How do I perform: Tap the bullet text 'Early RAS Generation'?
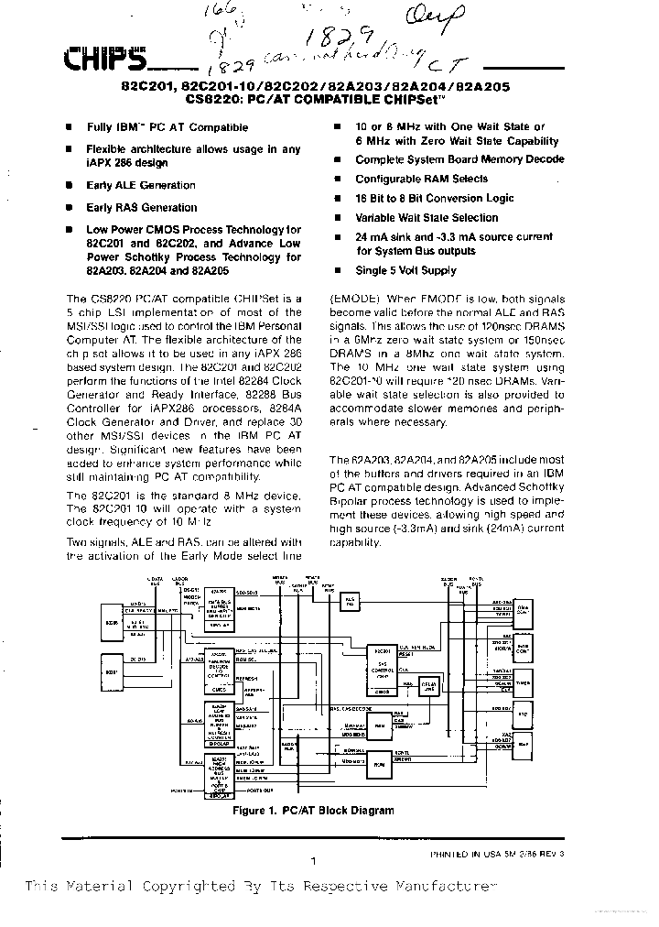click(x=141, y=208)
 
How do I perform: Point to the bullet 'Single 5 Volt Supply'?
click(x=405, y=271)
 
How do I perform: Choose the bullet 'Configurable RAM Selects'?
click(x=421, y=180)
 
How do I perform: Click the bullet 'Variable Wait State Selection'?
click(x=427, y=218)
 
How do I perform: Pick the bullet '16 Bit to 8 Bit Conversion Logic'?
click(x=435, y=199)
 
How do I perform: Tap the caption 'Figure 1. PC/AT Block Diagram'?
click(x=313, y=811)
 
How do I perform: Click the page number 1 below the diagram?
click(x=313, y=861)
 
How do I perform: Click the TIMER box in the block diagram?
click(x=523, y=682)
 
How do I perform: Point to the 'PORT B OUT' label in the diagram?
click(x=258, y=790)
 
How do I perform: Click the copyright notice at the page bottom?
click(x=260, y=887)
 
